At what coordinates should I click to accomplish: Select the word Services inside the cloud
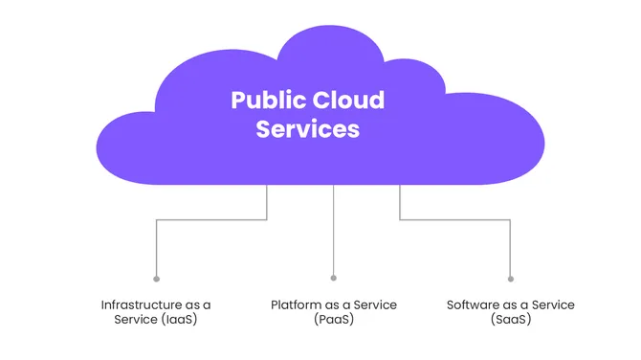pyautogui.click(x=307, y=129)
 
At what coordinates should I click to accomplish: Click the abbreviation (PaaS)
pyautogui.click(x=333, y=319)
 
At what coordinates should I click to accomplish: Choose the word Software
pyautogui.click(x=475, y=304)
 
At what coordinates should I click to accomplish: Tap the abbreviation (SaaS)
pyautogui.click(x=510, y=319)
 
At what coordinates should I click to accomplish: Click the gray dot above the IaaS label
pyautogui.click(x=156, y=279)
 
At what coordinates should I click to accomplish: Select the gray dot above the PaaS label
pyautogui.click(x=333, y=279)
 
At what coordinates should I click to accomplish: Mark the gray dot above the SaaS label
pyautogui.click(x=510, y=279)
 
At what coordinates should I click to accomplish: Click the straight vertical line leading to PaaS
pyautogui.click(x=333, y=230)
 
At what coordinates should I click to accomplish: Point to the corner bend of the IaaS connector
pyautogui.click(x=157, y=220)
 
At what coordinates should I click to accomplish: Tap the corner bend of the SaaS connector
pyautogui.click(x=510, y=220)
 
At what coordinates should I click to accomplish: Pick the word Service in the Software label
pyautogui.click(x=549, y=304)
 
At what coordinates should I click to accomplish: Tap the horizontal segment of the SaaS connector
pyautogui.click(x=454, y=220)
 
